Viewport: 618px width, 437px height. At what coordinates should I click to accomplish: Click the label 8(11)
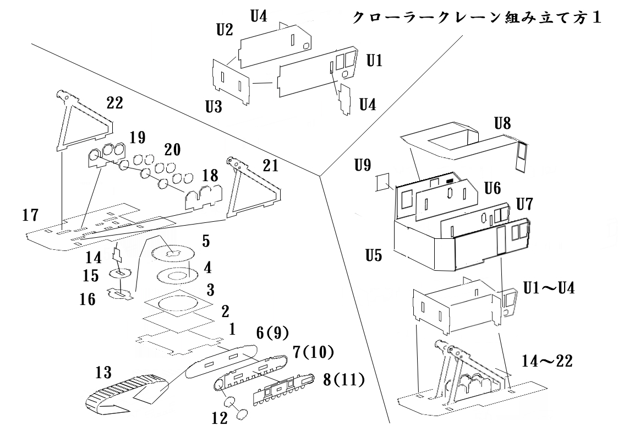pyautogui.click(x=344, y=380)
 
